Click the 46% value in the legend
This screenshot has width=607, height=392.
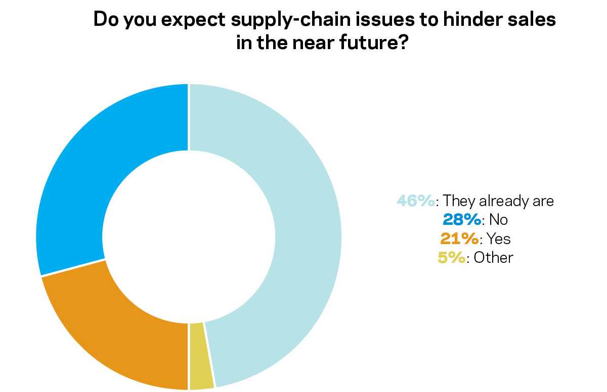tap(415, 201)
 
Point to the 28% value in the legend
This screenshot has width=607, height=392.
tap(461, 219)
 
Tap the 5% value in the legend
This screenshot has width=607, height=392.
tap(451, 257)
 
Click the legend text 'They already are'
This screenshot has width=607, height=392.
tap(498, 201)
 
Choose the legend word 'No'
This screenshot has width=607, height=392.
tap(498, 219)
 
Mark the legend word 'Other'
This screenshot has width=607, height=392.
tap(493, 257)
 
